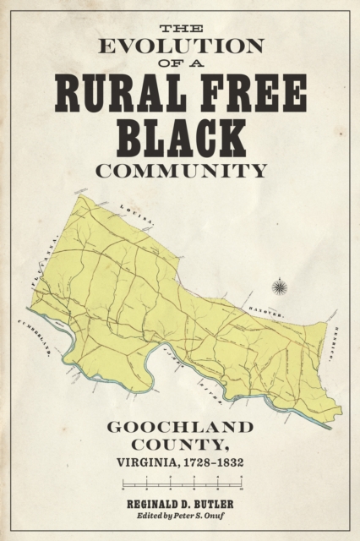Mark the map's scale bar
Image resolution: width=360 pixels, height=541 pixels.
[180, 488]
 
